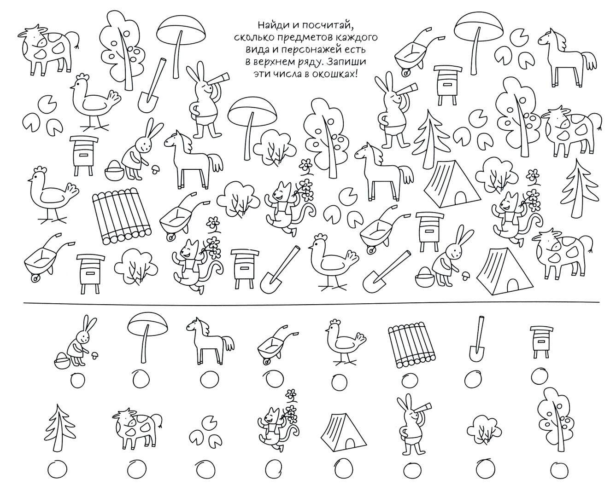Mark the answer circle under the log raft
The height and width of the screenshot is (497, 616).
coord(412,381)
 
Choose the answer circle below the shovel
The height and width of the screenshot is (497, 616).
coord(473,380)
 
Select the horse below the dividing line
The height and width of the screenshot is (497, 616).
coord(210,341)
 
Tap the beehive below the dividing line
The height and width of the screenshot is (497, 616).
coord(541,342)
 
